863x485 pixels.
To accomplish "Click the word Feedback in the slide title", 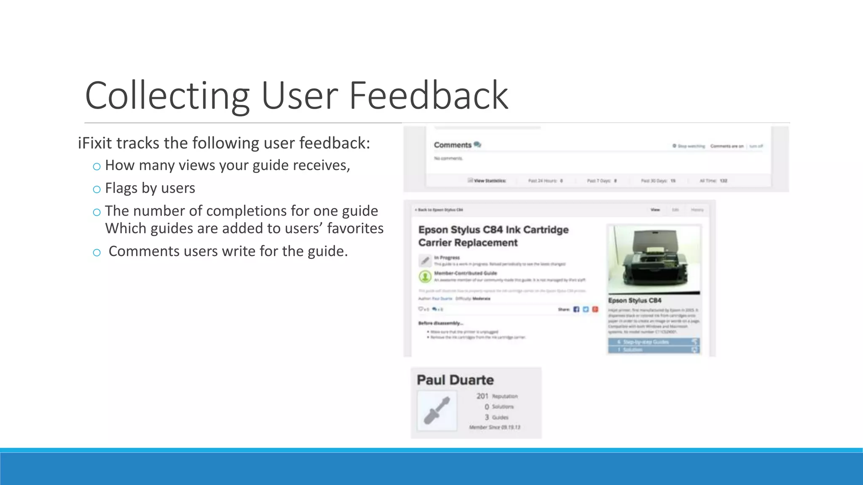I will pos(429,96).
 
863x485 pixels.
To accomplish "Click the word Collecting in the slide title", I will pos(167,96).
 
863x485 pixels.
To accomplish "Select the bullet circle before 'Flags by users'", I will pos(97,189).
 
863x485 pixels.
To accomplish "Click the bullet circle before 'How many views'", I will pos(97,167).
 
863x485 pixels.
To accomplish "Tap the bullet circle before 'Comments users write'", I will pos(97,253).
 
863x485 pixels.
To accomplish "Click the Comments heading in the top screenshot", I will pos(453,145).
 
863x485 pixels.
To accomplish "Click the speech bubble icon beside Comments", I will pos(477,144).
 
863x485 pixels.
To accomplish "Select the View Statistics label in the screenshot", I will pos(489,181).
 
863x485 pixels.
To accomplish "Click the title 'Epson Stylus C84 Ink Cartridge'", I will pos(493,230).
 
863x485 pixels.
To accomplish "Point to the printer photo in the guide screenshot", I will pos(654,259).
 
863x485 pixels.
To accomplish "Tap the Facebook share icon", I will pos(576,309).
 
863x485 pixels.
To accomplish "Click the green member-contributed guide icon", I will pos(425,276).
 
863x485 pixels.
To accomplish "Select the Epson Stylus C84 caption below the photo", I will pos(635,301).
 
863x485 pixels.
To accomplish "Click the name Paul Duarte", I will pos(455,380).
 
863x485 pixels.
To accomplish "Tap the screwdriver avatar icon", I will pos(437,410).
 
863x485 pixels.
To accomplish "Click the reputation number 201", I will pos(482,396).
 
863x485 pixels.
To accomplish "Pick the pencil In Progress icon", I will pos(425,261).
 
